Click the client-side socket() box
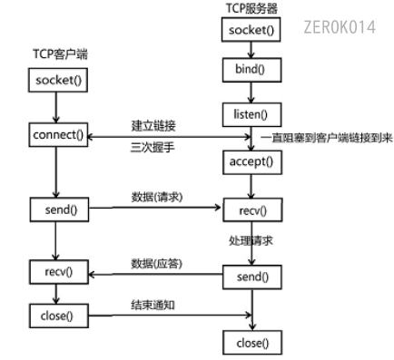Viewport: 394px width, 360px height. [x=57, y=81]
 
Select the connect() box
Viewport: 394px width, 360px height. [x=57, y=136]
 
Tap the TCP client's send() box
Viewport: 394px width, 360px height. [x=57, y=211]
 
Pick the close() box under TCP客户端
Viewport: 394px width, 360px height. [x=57, y=317]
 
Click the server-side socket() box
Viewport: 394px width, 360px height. [x=249, y=31]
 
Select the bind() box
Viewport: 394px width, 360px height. [x=249, y=70]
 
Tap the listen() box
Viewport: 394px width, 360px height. [x=249, y=113]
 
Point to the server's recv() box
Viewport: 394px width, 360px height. [x=249, y=211]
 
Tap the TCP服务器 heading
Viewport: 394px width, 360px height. [x=251, y=8]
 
